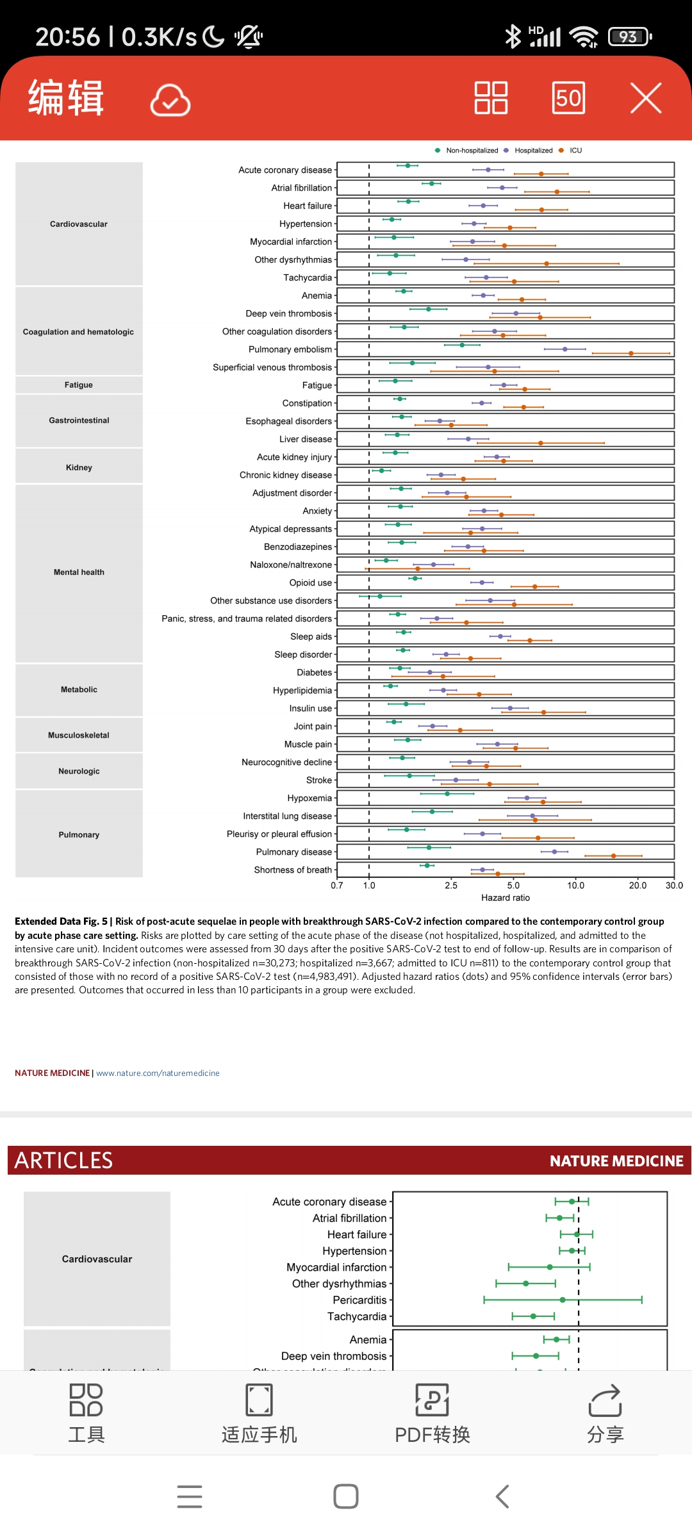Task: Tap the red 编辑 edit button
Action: [x=65, y=98]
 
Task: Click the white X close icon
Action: [x=645, y=98]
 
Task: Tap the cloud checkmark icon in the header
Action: [x=170, y=100]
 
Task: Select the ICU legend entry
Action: [x=575, y=151]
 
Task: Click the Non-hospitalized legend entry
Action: [x=472, y=151]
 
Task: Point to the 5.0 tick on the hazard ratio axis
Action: [x=513, y=886]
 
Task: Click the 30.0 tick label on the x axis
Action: [x=674, y=886]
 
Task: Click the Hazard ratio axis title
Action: [x=506, y=898]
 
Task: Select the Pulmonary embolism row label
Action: [x=290, y=349]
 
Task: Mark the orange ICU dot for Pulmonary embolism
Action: [x=630, y=353]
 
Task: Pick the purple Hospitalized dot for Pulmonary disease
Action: [x=554, y=852]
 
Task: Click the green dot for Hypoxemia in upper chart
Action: [x=447, y=793]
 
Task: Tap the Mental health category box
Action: [x=79, y=572]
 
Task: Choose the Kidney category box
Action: [x=79, y=467]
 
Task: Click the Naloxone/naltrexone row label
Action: [x=291, y=565]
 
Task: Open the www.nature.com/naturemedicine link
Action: [x=158, y=1073]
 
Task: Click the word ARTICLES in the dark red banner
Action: [x=63, y=1161]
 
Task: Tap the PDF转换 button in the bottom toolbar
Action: [x=432, y=1413]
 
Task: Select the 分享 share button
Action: [x=605, y=1413]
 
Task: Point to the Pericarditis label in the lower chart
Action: [x=359, y=1300]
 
